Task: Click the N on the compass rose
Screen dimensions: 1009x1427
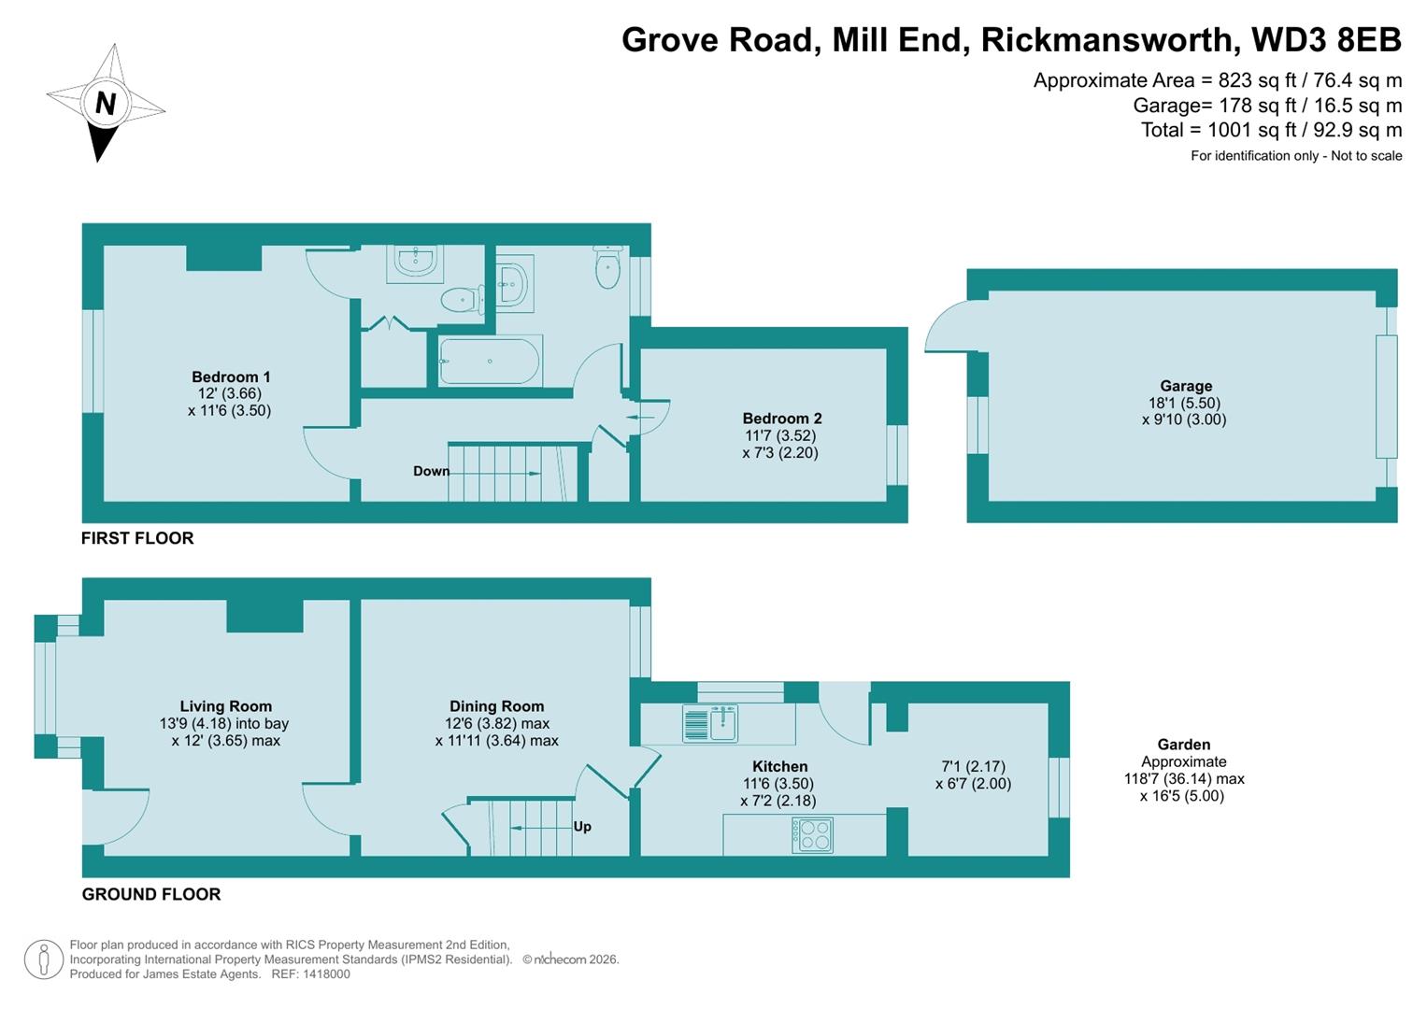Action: tap(106, 103)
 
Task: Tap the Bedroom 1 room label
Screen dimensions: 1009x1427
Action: tap(231, 377)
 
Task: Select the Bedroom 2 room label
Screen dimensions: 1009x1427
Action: tap(781, 419)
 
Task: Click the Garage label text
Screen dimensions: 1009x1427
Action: tap(1185, 386)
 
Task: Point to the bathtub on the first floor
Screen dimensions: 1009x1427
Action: tap(489, 361)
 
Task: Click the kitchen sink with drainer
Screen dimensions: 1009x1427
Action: tap(710, 723)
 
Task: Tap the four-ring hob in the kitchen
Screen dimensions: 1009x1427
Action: tap(812, 834)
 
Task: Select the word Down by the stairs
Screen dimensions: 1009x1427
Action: tap(431, 471)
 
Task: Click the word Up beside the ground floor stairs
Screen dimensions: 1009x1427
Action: tap(582, 827)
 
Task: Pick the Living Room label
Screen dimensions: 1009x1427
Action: tap(225, 707)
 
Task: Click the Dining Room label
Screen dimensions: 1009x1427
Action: tap(496, 707)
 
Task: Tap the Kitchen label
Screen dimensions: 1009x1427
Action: tap(779, 767)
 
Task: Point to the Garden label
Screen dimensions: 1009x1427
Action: tap(1183, 745)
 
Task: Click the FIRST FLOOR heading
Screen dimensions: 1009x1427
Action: tap(137, 538)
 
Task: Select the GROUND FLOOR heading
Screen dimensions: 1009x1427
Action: tap(151, 894)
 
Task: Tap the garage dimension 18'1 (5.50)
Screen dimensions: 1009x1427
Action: tap(1184, 404)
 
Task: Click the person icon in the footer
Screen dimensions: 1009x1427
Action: tap(43, 959)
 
